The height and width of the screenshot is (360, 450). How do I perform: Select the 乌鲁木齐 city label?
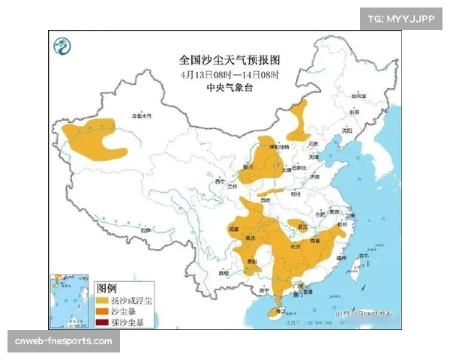141,117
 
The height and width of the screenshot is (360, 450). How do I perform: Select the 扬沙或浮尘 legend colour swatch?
103,300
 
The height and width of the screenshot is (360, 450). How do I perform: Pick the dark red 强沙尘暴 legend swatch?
103,322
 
